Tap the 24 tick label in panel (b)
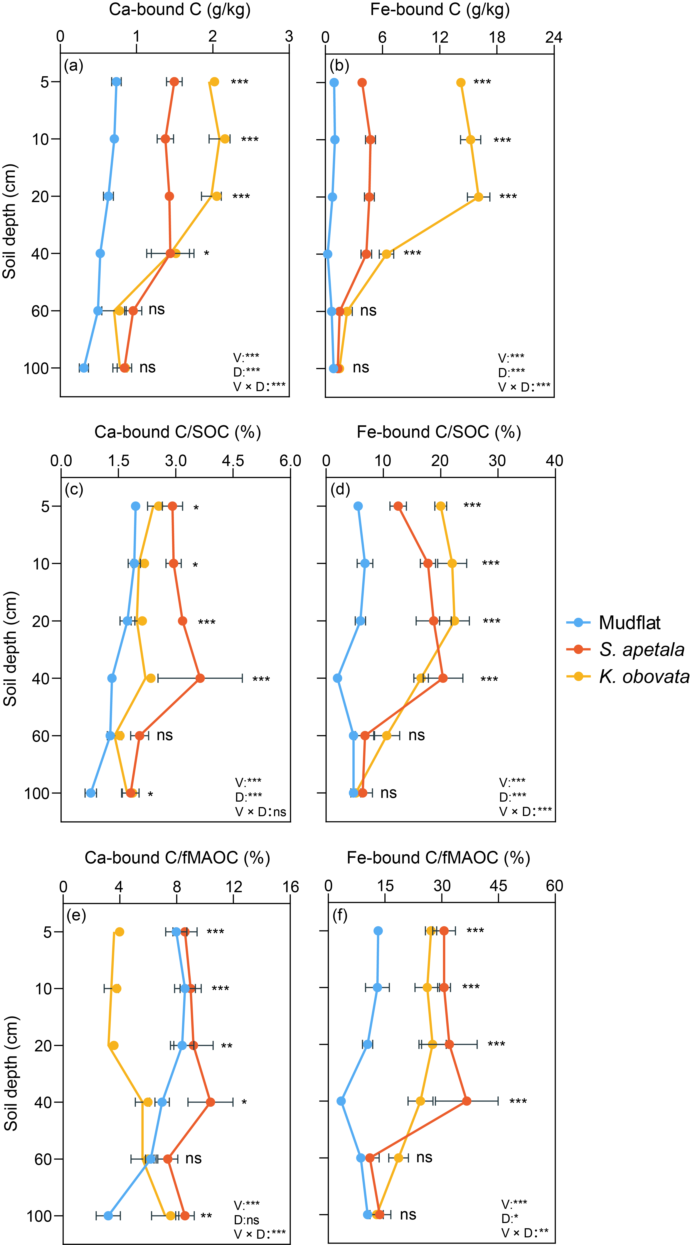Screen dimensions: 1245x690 [x=554, y=37]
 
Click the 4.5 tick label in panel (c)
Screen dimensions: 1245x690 [x=233, y=461]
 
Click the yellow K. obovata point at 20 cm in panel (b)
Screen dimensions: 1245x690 [x=478, y=197]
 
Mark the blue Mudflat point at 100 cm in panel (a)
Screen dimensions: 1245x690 [x=84, y=368]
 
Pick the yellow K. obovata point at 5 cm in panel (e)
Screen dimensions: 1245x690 [x=119, y=932]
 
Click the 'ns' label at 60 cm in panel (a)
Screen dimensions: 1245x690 [x=157, y=309]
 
